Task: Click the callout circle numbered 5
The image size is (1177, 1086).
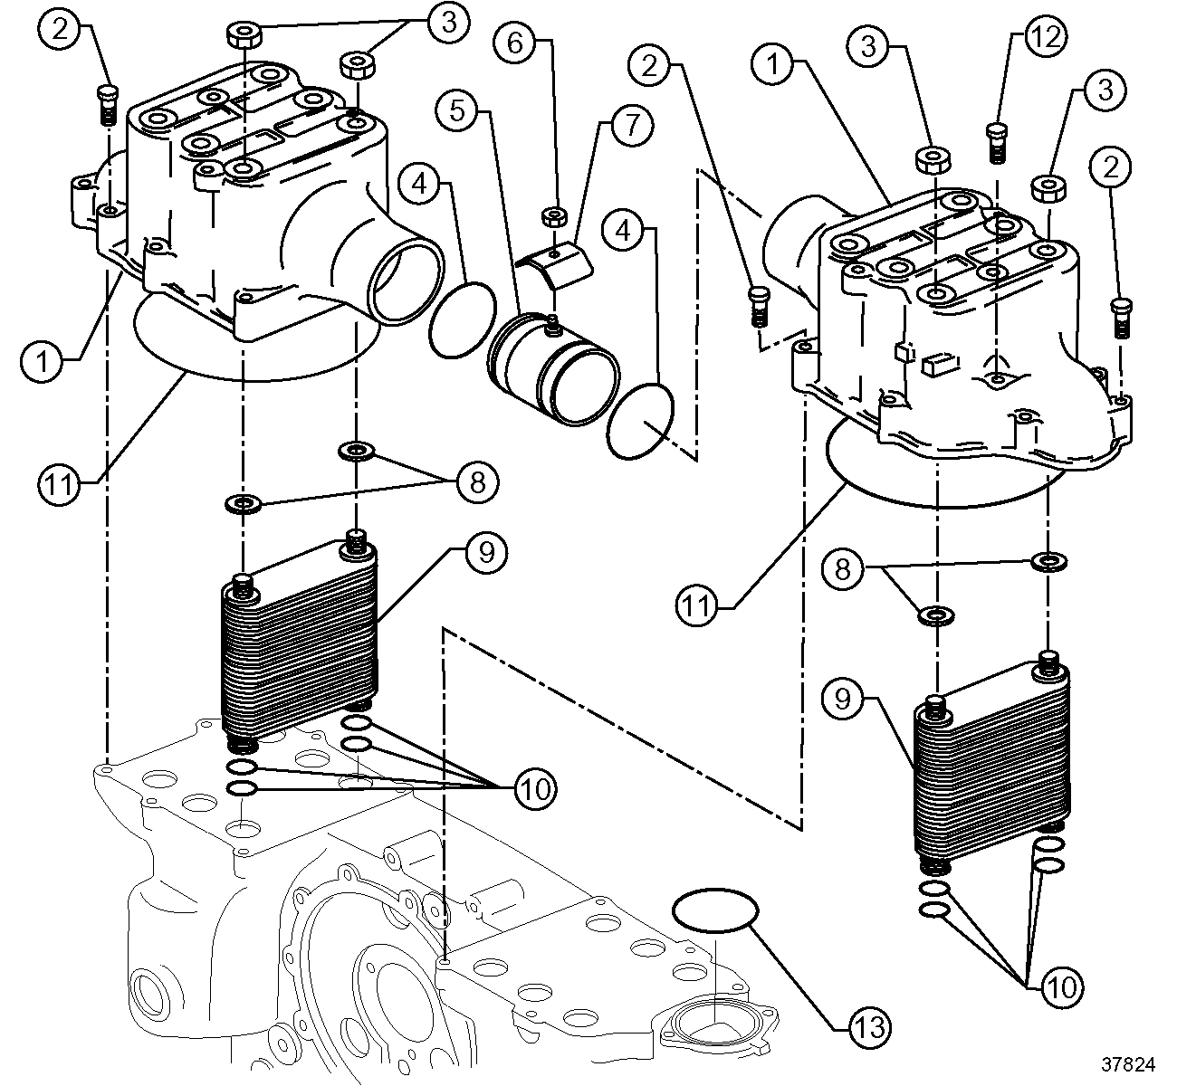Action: click(x=456, y=110)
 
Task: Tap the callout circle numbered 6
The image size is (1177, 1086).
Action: click(x=514, y=43)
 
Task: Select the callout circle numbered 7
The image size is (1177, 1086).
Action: click(x=632, y=125)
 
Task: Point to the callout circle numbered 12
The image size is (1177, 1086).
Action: click(x=1046, y=37)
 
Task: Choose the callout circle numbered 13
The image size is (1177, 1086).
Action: click(x=870, y=1027)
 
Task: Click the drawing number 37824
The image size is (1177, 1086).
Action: click(x=1128, y=1064)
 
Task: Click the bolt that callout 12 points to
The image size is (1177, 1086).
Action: click(x=998, y=143)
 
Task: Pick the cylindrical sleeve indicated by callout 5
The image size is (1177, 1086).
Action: click(x=552, y=370)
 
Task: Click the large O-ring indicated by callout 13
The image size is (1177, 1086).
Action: click(x=714, y=910)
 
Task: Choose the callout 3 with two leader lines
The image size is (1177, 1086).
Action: click(x=449, y=23)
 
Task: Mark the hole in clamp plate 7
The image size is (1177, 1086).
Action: click(x=553, y=253)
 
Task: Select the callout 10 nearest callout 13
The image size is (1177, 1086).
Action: click(x=1062, y=987)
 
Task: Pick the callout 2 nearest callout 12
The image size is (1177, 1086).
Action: click(x=1110, y=167)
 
